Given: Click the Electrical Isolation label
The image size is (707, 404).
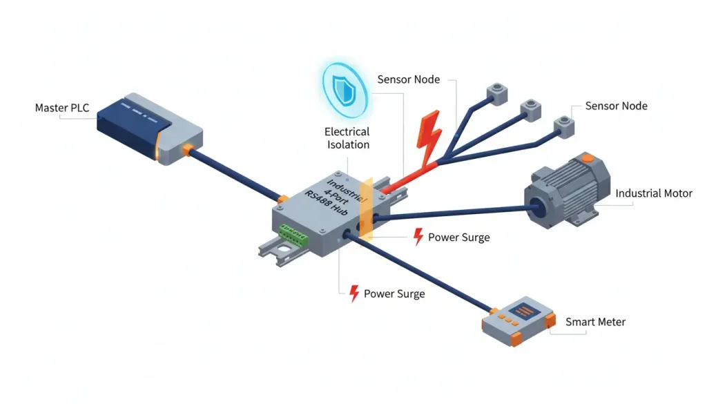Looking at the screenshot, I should tap(347, 138).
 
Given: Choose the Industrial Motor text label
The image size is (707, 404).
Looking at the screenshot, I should tap(653, 193).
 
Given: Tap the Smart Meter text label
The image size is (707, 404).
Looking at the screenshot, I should tap(595, 322).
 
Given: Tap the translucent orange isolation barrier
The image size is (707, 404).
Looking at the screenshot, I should tap(367, 208).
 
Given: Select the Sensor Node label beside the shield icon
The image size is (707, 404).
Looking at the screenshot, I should tap(408, 79).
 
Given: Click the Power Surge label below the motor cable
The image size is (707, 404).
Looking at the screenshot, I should tap(458, 238).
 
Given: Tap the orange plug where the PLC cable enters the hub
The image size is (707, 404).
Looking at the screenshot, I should tap(281, 200).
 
